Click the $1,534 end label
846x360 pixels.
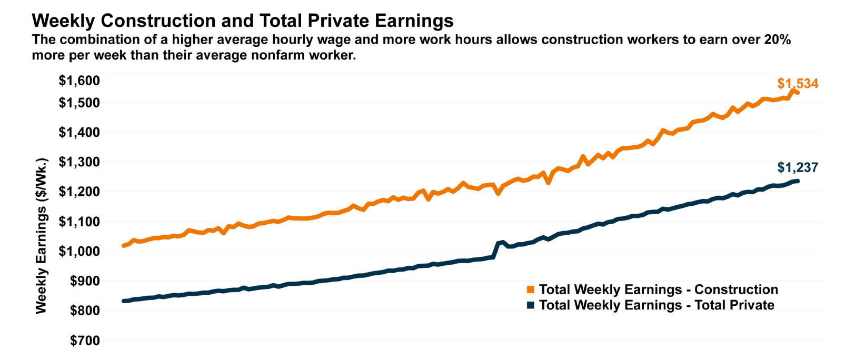[798, 84]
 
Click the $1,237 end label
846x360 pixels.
[798, 168]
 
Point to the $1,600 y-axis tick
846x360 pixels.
[79, 81]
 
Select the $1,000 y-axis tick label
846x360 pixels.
[79, 252]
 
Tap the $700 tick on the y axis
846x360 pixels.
[85, 341]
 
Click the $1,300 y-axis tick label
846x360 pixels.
[79, 162]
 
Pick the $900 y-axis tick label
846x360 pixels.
[85, 281]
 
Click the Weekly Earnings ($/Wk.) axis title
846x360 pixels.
[41, 236]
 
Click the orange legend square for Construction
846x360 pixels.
[531, 289]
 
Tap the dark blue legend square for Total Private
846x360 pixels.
[531, 305]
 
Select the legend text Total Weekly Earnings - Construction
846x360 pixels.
[658, 289]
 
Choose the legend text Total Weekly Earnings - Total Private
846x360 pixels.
[656, 305]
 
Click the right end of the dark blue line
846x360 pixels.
[798, 181]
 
